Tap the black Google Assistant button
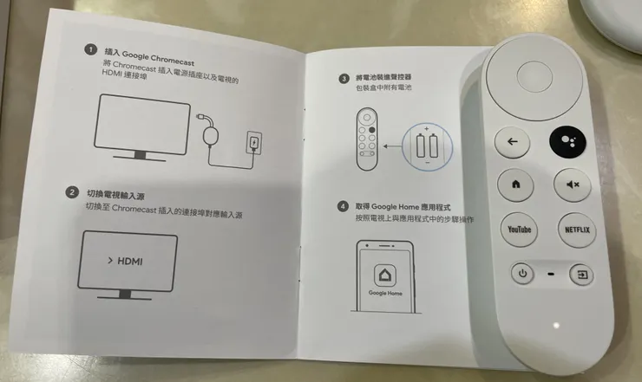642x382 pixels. (x=567, y=143)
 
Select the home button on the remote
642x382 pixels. (x=515, y=185)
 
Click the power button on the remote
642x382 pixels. (x=522, y=274)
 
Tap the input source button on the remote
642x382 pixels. (x=580, y=275)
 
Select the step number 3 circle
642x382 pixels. (x=344, y=78)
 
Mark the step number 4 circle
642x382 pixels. (x=344, y=207)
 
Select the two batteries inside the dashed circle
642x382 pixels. (x=426, y=146)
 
